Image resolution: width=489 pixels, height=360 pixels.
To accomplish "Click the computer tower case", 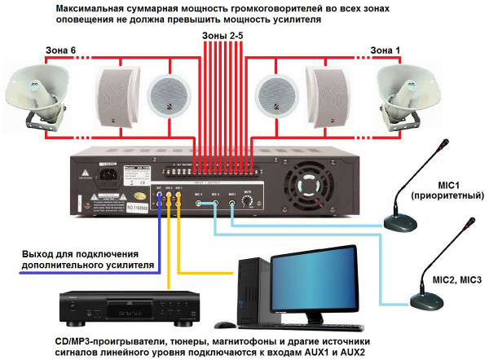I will [253, 289].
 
